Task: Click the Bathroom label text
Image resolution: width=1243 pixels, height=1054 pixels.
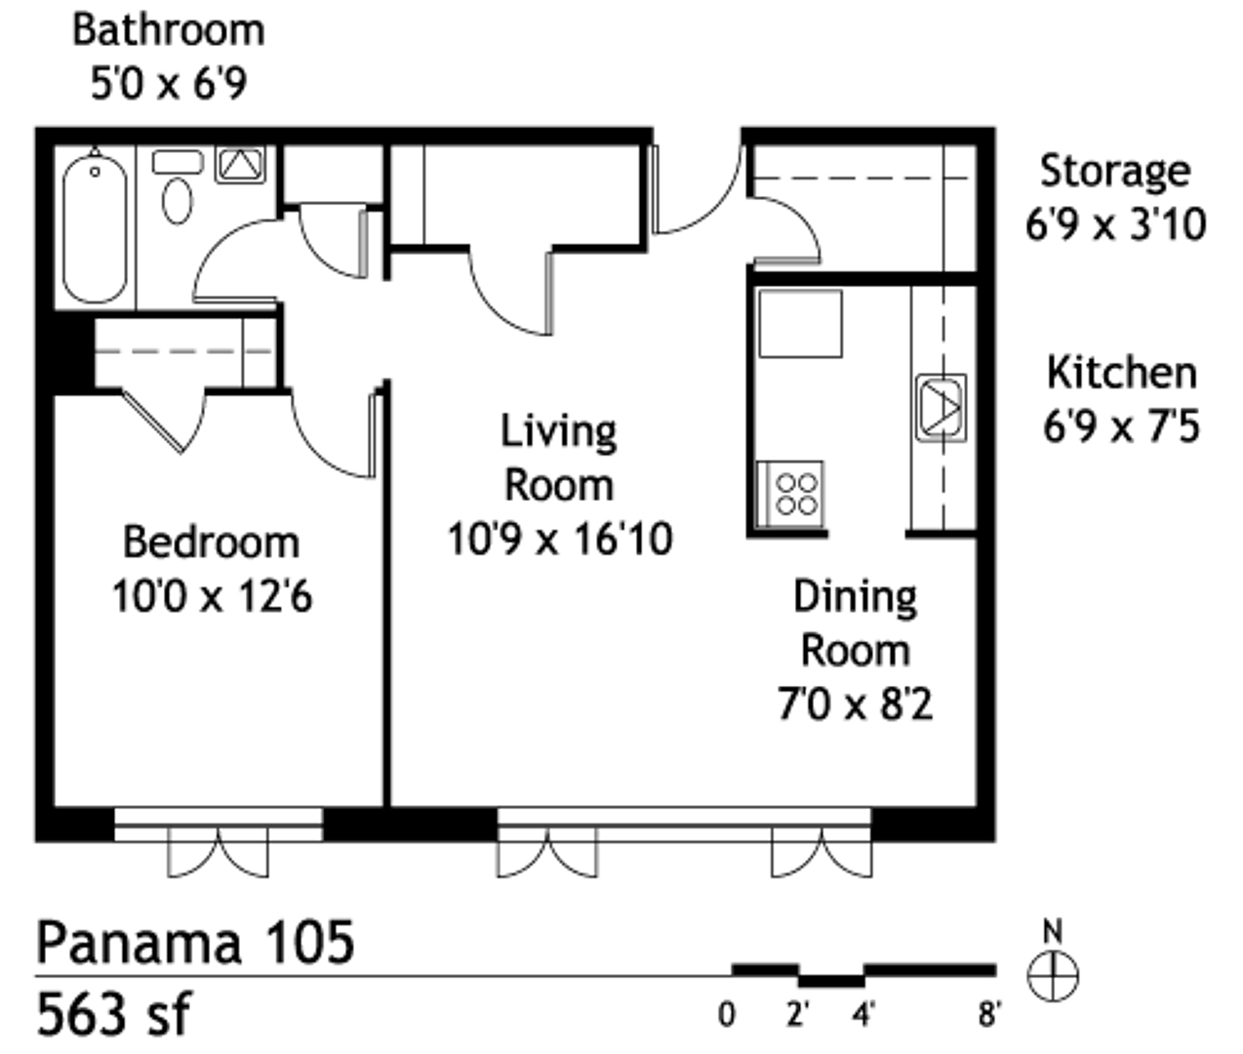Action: click(168, 29)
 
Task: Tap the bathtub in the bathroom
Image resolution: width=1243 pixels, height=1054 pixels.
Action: click(95, 228)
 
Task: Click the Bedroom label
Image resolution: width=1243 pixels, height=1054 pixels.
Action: click(211, 543)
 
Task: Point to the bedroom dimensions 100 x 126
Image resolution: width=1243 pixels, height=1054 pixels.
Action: click(214, 594)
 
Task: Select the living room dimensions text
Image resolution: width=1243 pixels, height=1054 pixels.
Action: click(561, 538)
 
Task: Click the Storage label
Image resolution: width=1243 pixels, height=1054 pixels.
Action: click(1114, 170)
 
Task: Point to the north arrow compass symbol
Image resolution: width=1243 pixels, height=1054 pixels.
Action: click(1054, 968)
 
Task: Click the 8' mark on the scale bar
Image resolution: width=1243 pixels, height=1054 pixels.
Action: click(989, 1017)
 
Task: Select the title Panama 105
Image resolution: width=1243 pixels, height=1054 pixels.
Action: click(195, 942)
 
